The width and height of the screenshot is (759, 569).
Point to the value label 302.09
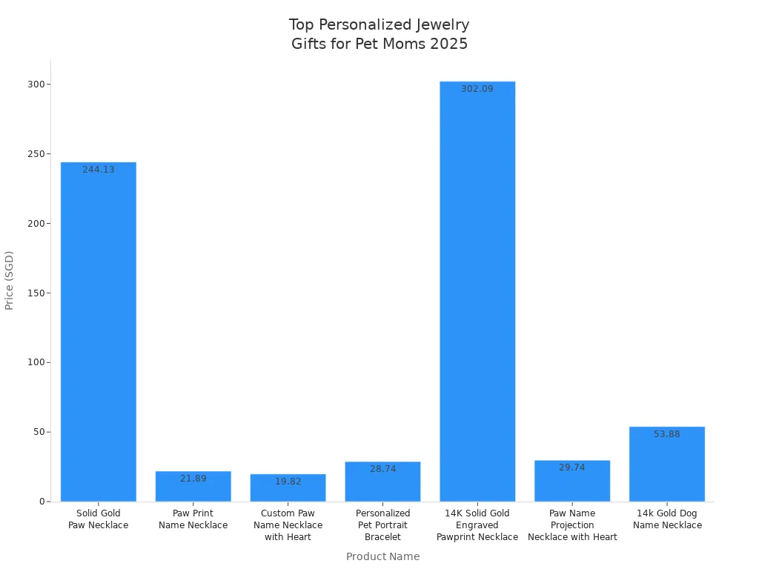coord(477,89)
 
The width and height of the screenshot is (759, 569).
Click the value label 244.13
coord(98,170)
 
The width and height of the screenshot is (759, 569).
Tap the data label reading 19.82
coord(288,482)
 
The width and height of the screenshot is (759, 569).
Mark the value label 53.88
coord(667,434)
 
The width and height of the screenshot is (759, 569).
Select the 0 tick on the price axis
coord(42,502)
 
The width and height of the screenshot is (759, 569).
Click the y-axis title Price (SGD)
coord(10,280)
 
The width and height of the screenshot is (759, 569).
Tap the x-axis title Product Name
coord(382,556)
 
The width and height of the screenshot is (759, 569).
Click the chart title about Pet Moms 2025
coord(379,34)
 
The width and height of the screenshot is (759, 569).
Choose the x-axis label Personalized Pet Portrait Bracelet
coord(382,525)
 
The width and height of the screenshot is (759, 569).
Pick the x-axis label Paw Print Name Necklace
coord(193,519)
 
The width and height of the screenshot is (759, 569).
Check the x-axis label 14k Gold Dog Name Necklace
coord(667,519)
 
